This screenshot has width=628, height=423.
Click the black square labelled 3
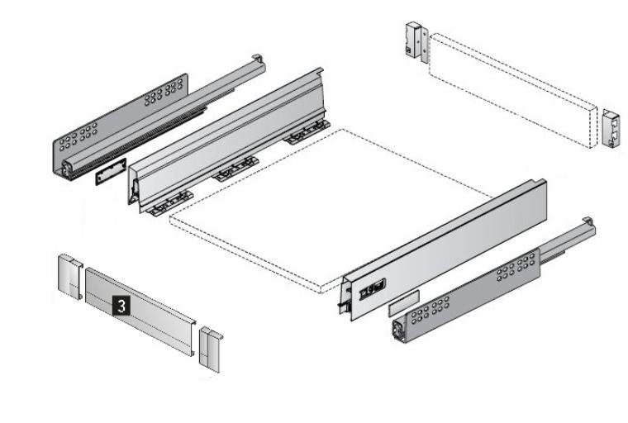point(121,306)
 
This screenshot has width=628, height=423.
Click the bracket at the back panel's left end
point(417,41)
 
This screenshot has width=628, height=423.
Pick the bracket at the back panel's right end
point(611,128)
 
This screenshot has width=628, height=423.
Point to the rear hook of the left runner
point(259,59)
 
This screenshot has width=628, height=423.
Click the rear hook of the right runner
point(588,221)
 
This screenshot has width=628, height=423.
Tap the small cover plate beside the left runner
point(111,171)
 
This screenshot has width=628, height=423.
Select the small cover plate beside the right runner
point(404,303)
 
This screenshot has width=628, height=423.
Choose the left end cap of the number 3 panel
point(70,277)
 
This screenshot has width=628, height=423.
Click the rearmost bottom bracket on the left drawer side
point(308,132)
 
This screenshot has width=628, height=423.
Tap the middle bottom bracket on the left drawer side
point(235,169)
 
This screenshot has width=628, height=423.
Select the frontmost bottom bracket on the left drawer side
point(170,203)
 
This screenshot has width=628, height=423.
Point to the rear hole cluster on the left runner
point(163,93)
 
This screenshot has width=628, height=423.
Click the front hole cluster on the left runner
point(78,137)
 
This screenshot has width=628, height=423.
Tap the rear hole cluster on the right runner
point(516,268)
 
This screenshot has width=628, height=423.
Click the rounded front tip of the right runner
point(398,330)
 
